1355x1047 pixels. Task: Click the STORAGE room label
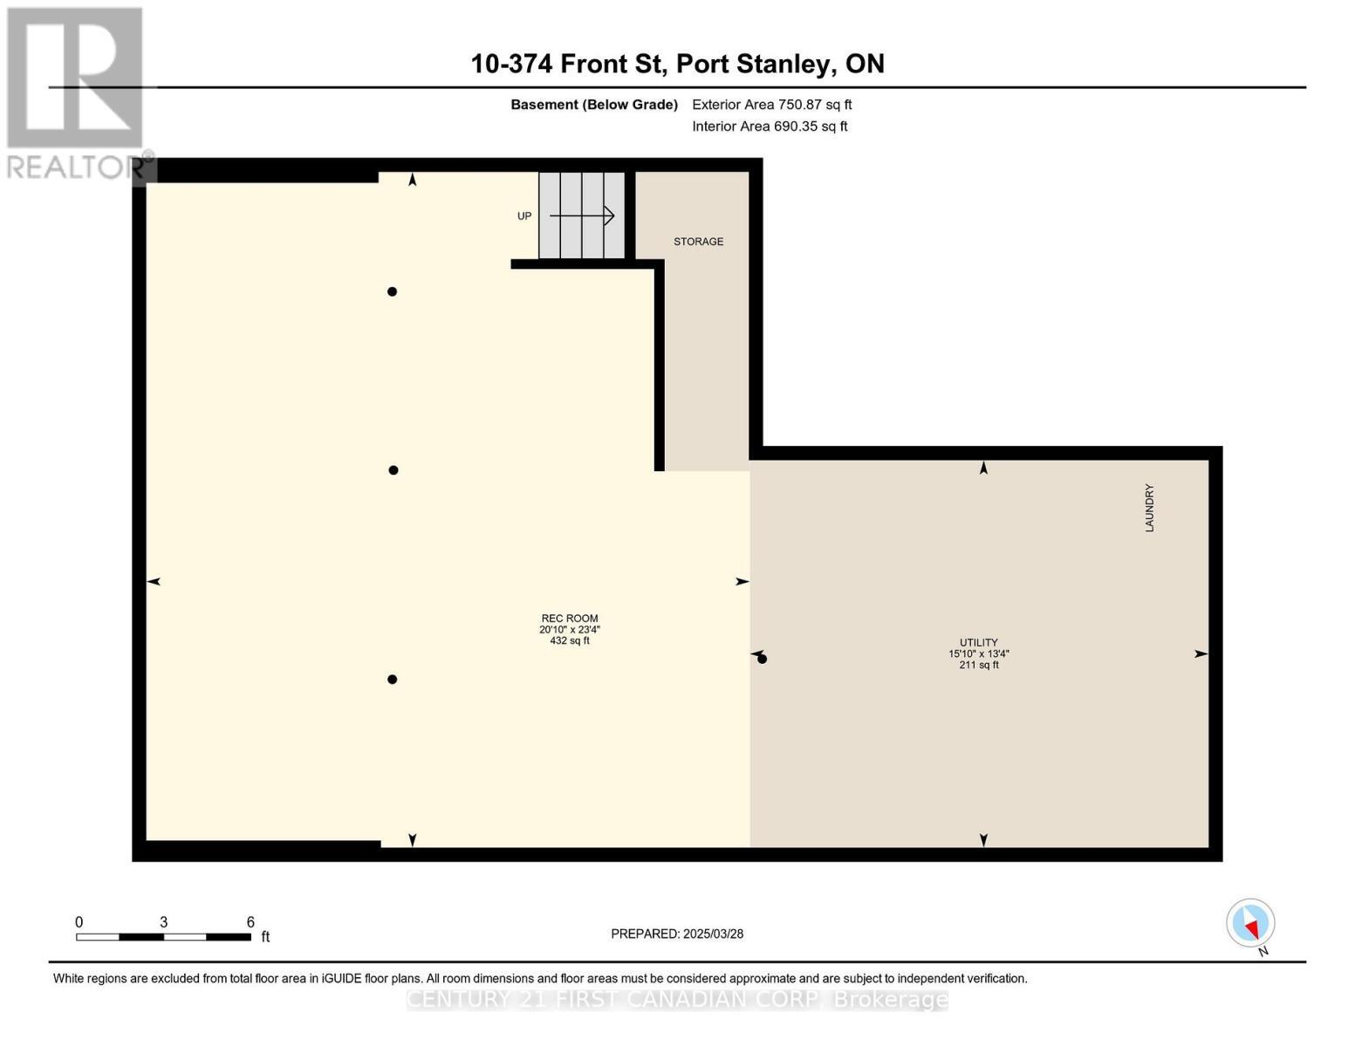tap(698, 242)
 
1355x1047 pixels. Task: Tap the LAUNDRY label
tap(1149, 508)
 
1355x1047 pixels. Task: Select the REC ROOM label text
tap(570, 619)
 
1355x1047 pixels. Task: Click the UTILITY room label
tap(979, 642)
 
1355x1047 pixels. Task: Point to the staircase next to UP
tap(581, 216)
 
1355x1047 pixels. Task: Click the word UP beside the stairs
tap(524, 216)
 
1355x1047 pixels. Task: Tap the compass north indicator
tap(1251, 923)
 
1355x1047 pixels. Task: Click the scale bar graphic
tap(163, 937)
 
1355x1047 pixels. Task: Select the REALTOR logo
tap(77, 92)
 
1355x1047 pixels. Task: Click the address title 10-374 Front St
tap(677, 64)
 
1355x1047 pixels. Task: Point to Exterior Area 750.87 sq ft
tap(771, 105)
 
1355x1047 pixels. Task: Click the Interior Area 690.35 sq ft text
tap(770, 127)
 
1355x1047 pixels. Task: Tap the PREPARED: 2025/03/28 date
tap(677, 934)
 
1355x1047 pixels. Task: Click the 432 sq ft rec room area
tap(570, 641)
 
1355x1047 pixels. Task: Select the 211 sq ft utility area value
tap(979, 665)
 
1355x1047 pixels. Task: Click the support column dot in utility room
tap(762, 659)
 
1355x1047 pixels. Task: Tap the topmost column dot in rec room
tap(392, 291)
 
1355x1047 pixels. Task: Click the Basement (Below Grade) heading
tap(594, 105)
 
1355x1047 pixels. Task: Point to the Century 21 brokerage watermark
tap(677, 999)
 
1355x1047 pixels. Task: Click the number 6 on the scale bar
tap(250, 922)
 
